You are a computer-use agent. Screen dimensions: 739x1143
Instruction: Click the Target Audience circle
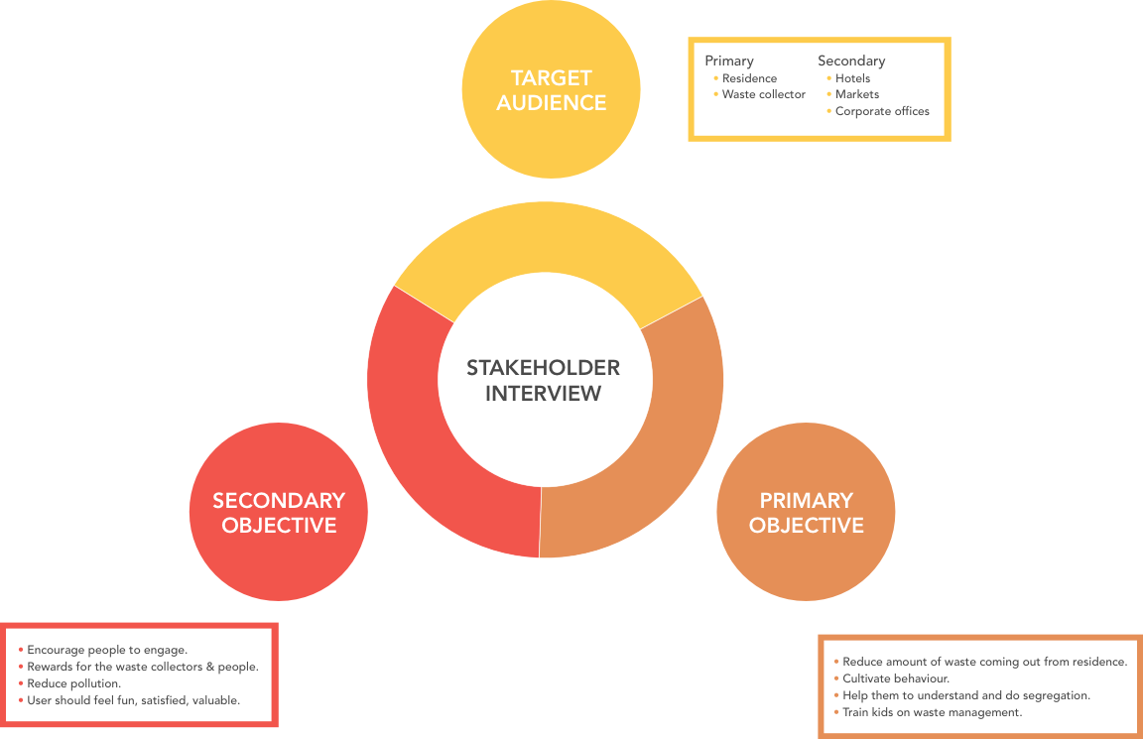click(551, 89)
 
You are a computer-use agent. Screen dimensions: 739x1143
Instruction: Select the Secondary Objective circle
click(279, 512)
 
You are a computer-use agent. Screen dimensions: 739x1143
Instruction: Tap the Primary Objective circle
click(806, 512)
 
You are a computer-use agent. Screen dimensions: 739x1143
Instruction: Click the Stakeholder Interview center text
click(544, 380)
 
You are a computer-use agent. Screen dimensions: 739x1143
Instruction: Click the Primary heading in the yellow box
click(729, 61)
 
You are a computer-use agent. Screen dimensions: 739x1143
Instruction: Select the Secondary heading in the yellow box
click(851, 61)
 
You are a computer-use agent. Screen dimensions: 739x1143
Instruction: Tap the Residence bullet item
click(749, 78)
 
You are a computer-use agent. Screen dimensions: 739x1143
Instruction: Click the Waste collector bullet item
click(763, 94)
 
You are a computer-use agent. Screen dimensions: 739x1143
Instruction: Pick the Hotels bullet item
click(852, 78)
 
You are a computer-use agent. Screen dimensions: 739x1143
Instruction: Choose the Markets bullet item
click(856, 94)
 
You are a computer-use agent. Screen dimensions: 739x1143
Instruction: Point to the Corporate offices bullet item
click(882, 111)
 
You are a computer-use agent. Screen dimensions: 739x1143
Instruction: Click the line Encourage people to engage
click(107, 650)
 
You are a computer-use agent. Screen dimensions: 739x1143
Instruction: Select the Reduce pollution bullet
click(73, 683)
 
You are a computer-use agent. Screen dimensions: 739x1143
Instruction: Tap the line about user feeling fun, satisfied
click(133, 700)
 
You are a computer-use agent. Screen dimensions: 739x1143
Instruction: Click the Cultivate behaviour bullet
click(895, 678)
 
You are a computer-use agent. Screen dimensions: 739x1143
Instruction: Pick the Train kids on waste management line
click(932, 712)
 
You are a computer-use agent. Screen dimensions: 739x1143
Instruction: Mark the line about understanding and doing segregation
click(965, 695)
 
